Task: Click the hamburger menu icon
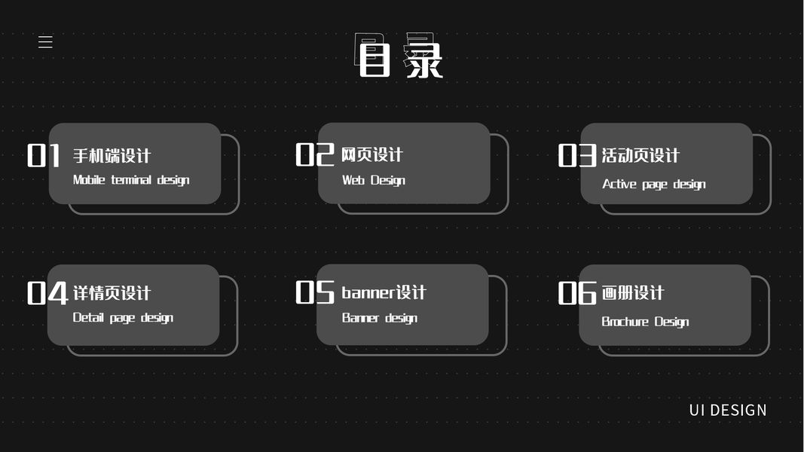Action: [45, 42]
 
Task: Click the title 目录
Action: [400, 56]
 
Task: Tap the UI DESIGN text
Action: [727, 410]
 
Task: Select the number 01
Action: [44, 156]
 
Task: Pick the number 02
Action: [314, 154]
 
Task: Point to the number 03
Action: [577, 156]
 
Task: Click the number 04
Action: [47, 293]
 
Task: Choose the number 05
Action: [314, 292]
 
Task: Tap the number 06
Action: [577, 293]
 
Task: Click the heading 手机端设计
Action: [112, 156]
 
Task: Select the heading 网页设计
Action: [372, 154]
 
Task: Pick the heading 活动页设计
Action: [640, 156]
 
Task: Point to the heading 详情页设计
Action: [112, 293]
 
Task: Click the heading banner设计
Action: [384, 292]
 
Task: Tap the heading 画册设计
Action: [633, 293]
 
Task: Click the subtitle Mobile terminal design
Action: [131, 180]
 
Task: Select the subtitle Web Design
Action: [374, 180]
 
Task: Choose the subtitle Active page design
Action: [654, 184]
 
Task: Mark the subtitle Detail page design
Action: [123, 318]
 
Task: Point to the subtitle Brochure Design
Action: [645, 322]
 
